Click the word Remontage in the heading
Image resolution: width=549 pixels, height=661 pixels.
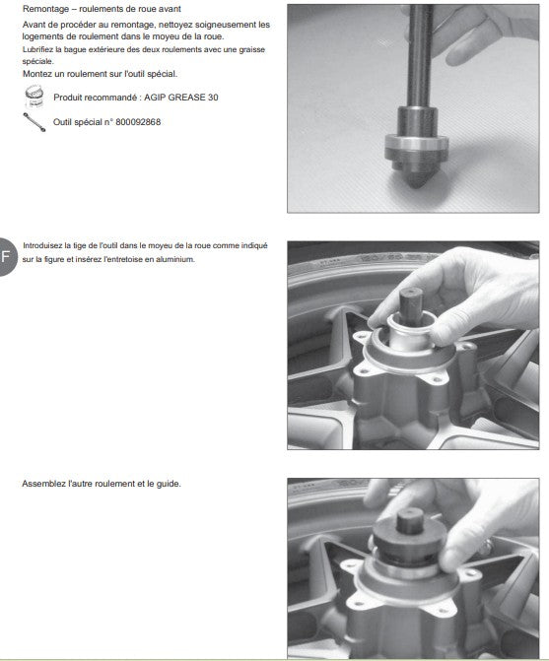click(x=45, y=9)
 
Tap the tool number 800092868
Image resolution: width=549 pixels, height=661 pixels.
click(x=138, y=122)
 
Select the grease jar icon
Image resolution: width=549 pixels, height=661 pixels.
click(x=34, y=97)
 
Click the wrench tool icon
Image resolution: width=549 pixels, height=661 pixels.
click(x=34, y=122)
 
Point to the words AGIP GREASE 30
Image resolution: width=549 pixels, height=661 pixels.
click(x=181, y=98)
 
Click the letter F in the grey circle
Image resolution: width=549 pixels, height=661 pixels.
click(x=6, y=256)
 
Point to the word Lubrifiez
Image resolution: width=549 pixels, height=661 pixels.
click(x=37, y=49)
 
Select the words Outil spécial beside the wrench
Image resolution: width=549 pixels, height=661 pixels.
click(x=78, y=122)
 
